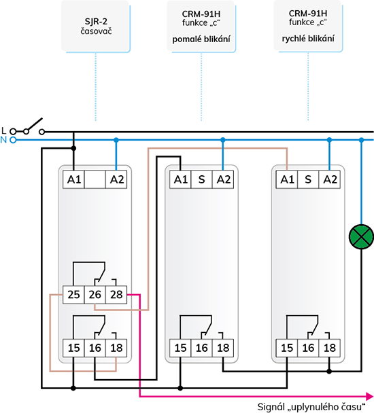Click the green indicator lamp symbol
(x=361, y=237)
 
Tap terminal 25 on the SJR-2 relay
(x=73, y=295)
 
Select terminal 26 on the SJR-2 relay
(x=95, y=295)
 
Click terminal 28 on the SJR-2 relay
(x=116, y=295)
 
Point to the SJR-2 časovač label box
(x=96, y=26)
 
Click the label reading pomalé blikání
(x=201, y=39)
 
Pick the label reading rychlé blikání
(x=308, y=39)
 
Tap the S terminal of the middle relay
(x=201, y=179)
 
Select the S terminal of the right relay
(x=308, y=179)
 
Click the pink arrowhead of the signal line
(x=370, y=396)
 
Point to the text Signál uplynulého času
(x=311, y=407)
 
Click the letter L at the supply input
(x=3, y=130)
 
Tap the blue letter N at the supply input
(x=3, y=140)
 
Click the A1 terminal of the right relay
(x=287, y=179)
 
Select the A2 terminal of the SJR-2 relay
(x=116, y=179)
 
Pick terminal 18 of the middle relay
(x=223, y=348)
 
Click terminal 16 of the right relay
(x=308, y=348)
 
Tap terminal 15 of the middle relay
(x=180, y=348)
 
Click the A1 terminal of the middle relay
(x=180, y=179)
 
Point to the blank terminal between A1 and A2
(x=95, y=179)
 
